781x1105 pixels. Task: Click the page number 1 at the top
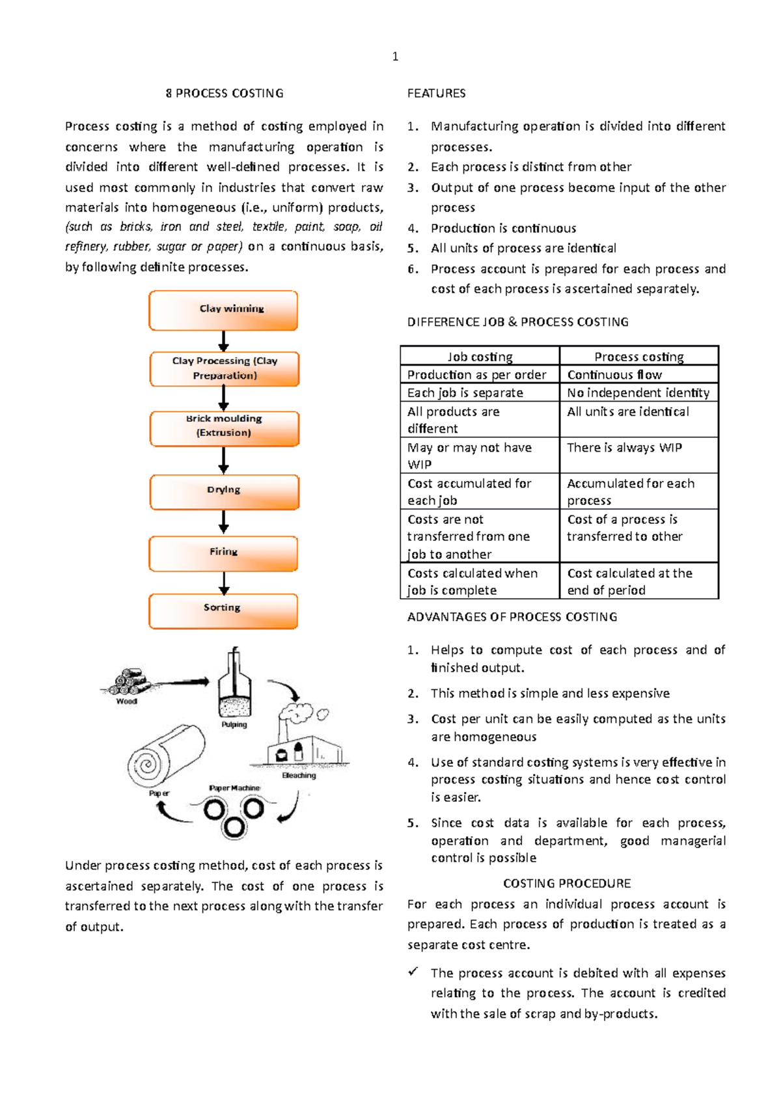[395, 57]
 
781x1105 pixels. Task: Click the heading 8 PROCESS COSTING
[225, 93]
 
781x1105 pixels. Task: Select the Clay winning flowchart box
[223, 310]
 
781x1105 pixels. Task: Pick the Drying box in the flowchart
[225, 491]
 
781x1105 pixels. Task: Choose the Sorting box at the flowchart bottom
[223, 610]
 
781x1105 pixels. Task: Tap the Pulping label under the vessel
[234, 724]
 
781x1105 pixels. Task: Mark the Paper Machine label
[234, 788]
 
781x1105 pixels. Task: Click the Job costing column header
[480, 357]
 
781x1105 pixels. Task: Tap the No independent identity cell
[638, 392]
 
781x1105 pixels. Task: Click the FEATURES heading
[436, 93]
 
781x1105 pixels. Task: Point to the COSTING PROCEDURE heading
[567, 883]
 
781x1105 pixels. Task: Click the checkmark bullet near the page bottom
[413, 972]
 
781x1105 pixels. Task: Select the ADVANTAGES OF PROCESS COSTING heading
[512, 616]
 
